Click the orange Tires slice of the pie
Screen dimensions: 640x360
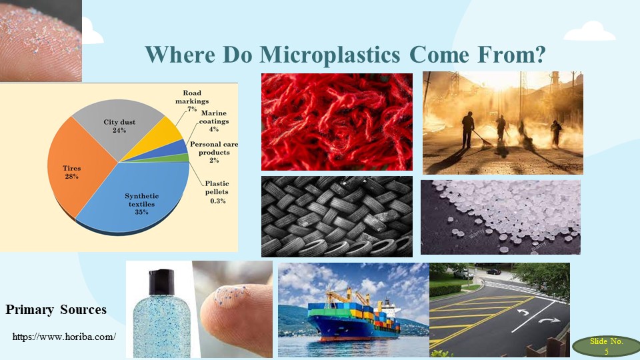point(79,167)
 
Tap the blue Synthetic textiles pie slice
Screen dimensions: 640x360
point(139,200)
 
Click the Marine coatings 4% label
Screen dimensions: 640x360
point(213,121)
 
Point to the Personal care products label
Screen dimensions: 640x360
point(214,152)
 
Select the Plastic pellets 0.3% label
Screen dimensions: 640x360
point(217,192)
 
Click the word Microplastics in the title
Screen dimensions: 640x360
point(330,54)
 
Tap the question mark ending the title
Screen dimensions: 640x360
point(540,53)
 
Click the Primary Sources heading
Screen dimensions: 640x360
point(56,310)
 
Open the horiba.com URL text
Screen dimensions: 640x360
point(64,337)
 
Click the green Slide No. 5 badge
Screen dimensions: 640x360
point(607,347)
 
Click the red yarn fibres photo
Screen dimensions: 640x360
point(337,121)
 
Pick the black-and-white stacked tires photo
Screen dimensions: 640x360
point(337,216)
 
